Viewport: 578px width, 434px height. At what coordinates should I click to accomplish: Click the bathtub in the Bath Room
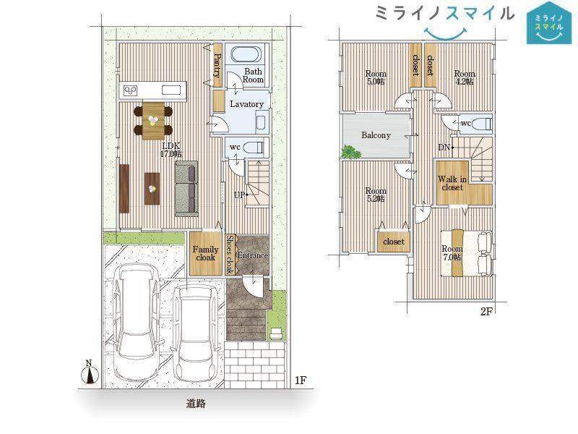coord(246,54)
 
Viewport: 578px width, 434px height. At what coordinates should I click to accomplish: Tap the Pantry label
coord(217,66)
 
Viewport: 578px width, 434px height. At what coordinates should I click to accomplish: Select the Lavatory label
coord(246,104)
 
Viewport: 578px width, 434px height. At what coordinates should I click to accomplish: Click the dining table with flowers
coord(153,121)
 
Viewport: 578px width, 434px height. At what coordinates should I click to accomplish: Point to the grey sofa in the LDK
coord(186,188)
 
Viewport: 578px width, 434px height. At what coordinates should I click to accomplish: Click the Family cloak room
coord(205,254)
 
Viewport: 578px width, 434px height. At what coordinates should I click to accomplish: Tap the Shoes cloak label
coord(230,255)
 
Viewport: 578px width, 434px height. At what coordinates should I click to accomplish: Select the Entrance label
coord(252,255)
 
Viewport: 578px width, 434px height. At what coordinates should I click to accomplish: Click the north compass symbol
coord(89,373)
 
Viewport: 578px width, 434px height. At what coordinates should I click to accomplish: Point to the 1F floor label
coord(301,380)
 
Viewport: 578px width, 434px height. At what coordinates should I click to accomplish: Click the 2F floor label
coord(486,312)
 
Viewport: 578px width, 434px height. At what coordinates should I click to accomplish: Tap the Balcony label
coord(376,135)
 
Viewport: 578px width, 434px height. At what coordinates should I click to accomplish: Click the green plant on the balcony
coord(350,153)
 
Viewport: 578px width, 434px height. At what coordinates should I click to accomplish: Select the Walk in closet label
coord(452,184)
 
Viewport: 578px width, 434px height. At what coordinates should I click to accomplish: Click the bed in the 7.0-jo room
coord(466,253)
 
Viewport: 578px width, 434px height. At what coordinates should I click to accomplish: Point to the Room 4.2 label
coord(465,78)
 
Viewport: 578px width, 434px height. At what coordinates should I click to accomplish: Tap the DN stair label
coord(444,148)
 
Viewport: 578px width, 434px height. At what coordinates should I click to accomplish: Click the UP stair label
coord(239,195)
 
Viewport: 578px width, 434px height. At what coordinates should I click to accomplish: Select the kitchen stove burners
coord(131,90)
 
